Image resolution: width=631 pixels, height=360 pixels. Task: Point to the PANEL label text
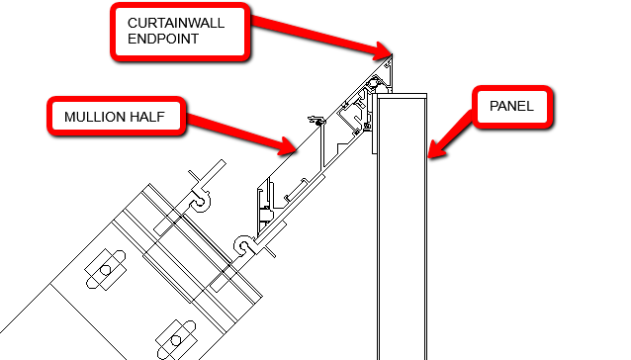509,106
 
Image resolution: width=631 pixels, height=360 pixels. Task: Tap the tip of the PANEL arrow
428,156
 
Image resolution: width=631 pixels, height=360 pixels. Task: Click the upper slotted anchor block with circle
103,267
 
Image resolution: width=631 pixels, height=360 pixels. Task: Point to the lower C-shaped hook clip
242,244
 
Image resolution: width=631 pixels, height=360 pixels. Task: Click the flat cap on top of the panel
401,96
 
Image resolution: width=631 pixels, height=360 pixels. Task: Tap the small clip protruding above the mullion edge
316,122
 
